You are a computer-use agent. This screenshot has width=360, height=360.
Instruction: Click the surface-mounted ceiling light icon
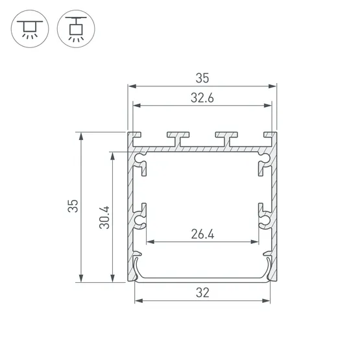[28, 30]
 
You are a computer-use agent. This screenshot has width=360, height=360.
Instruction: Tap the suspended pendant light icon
[74, 30]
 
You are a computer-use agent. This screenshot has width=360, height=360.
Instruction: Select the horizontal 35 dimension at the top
[202, 78]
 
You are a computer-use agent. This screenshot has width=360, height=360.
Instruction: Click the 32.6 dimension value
[202, 98]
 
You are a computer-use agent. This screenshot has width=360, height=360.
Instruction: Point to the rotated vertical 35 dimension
[74, 207]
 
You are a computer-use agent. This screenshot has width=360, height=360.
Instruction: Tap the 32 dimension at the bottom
[202, 293]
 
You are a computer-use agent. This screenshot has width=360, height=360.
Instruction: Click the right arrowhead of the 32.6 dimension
[268, 106]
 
